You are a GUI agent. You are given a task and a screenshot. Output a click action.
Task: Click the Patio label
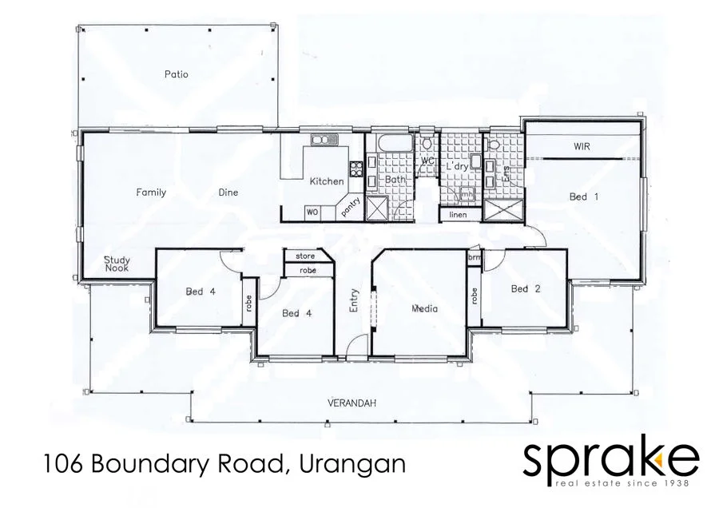[x=176, y=74]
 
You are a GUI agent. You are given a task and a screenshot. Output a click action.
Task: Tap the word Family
[x=151, y=192]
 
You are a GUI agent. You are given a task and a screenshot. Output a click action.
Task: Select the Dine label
[x=228, y=192]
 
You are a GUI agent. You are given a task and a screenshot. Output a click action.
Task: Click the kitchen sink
[x=324, y=141]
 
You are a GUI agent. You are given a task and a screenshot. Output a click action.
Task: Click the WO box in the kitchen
[x=312, y=212]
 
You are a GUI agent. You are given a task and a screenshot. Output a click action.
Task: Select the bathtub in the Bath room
[x=392, y=145]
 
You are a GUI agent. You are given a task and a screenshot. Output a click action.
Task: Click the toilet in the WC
[x=428, y=144]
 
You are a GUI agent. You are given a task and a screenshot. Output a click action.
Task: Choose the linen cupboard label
[x=458, y=215]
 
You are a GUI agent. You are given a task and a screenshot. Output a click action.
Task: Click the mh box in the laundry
[x=468, y=193]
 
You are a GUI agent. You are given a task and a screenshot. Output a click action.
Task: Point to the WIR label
[x=582, y=147]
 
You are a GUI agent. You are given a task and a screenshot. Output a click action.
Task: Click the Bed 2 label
[x=525, y=288]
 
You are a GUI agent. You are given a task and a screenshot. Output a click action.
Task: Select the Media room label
[x=425, y=308]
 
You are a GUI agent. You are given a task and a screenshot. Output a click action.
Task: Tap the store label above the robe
[x=305, y=256]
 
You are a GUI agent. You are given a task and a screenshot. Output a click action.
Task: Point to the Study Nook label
[x=117, y=264]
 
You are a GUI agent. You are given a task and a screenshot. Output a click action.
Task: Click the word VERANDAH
[x=352, y=403]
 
